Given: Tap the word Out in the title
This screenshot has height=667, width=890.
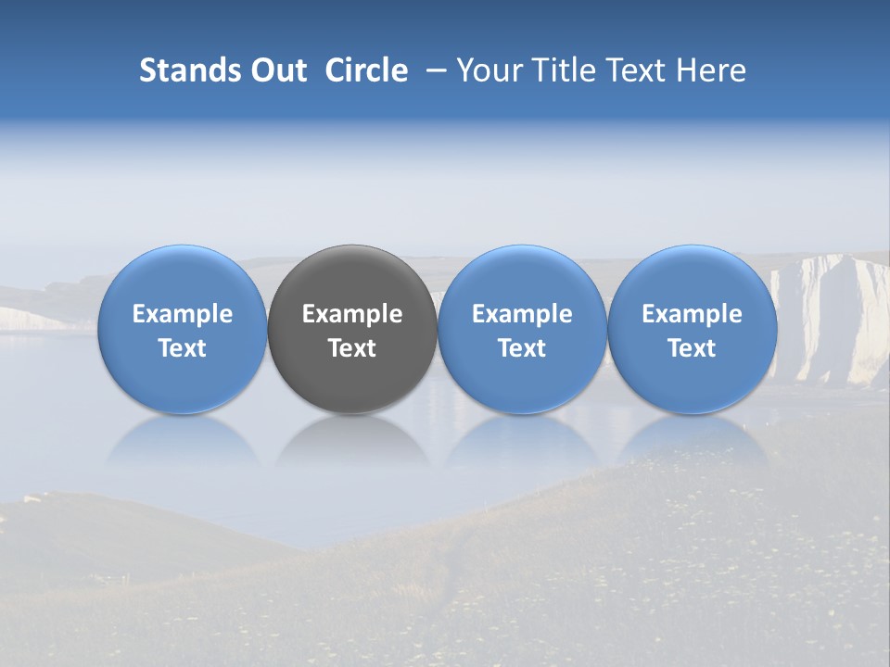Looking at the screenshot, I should click(x=276, y=70).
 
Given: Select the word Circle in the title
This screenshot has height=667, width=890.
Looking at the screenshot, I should click(x=366, y=70).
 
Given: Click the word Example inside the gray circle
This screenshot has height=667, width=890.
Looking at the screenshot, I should click(x=352, y=314).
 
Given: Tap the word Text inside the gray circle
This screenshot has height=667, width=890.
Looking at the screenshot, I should click(x=352, y=348).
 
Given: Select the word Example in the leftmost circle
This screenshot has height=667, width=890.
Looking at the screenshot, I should click(x=183, y=314).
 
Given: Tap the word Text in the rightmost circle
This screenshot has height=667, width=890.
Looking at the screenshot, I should click(x=692, y=348).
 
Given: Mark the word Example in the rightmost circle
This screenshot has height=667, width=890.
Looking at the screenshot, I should click(x=692, y=314).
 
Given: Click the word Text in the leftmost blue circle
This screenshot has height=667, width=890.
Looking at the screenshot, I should click(x=183, y=348).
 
